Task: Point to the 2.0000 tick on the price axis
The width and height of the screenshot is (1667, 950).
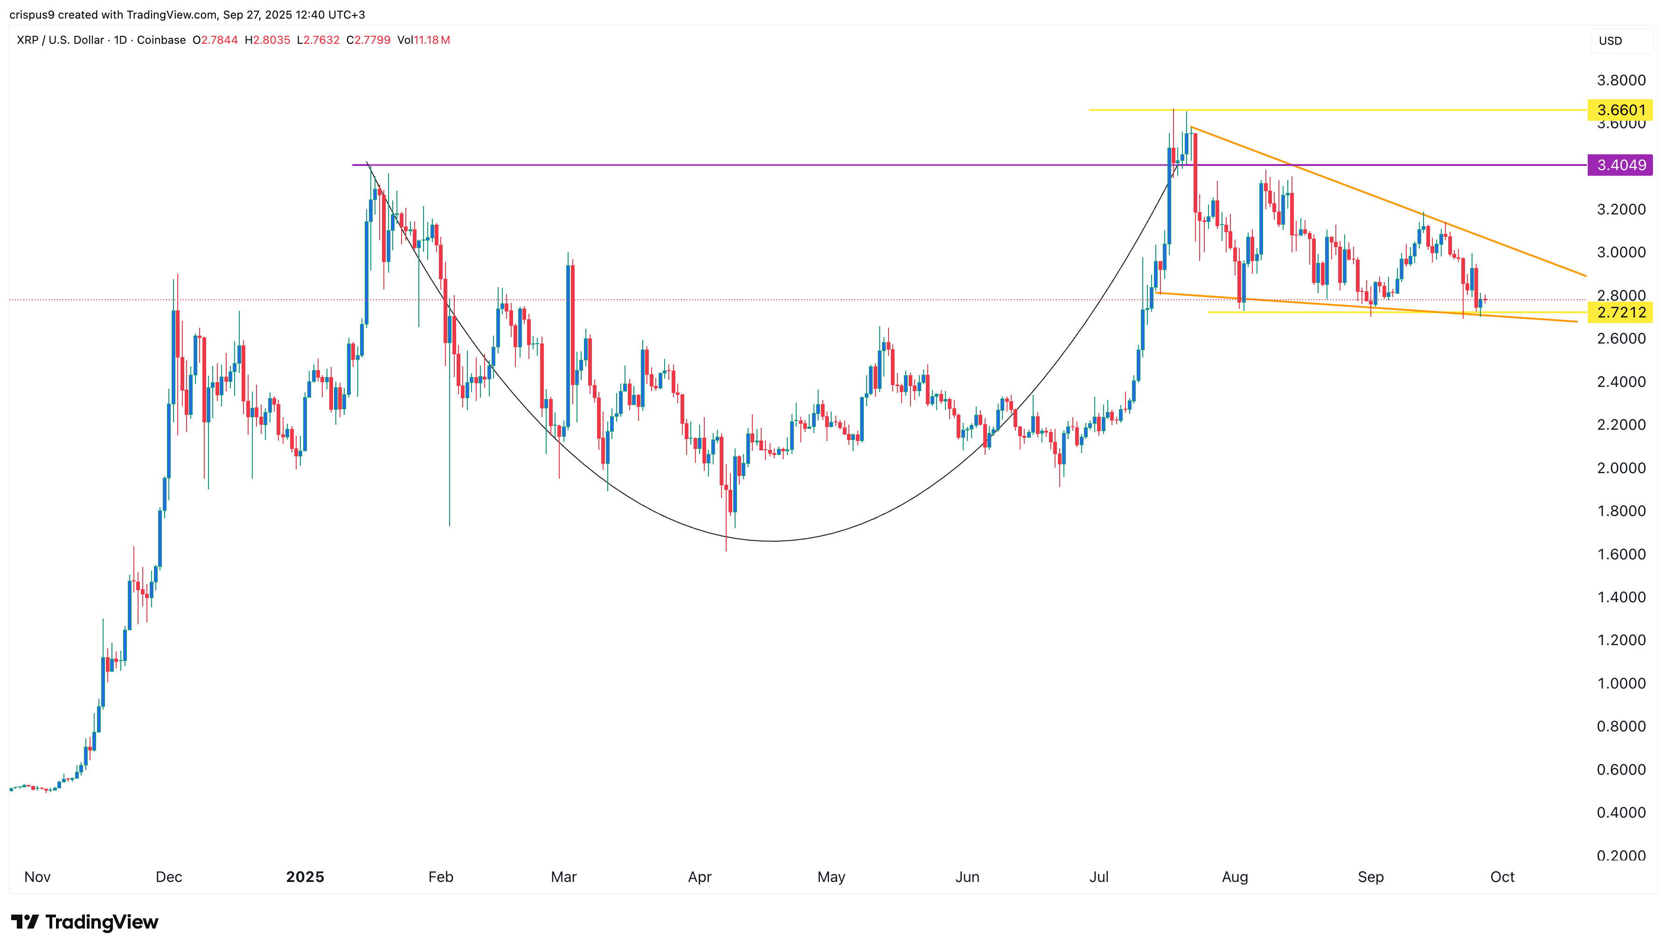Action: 1621,468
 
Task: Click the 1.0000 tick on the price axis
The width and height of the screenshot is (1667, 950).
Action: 1621,683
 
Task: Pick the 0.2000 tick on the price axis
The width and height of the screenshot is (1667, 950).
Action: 1621,855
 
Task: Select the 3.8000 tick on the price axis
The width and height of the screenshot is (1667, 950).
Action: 1621,80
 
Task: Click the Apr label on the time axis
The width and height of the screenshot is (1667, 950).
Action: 700,877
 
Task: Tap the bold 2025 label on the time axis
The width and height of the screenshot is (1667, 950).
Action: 305,877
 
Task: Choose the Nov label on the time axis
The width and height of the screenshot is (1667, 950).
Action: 37,877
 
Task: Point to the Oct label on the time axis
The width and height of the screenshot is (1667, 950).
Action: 1502,877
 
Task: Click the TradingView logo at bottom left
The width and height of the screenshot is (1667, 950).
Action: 85,922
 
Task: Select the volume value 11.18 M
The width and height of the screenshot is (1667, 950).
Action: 431,40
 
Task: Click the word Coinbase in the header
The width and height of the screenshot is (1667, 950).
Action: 161,40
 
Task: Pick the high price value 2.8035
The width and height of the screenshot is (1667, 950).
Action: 271,40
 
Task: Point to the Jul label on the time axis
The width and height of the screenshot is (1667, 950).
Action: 1098,877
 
